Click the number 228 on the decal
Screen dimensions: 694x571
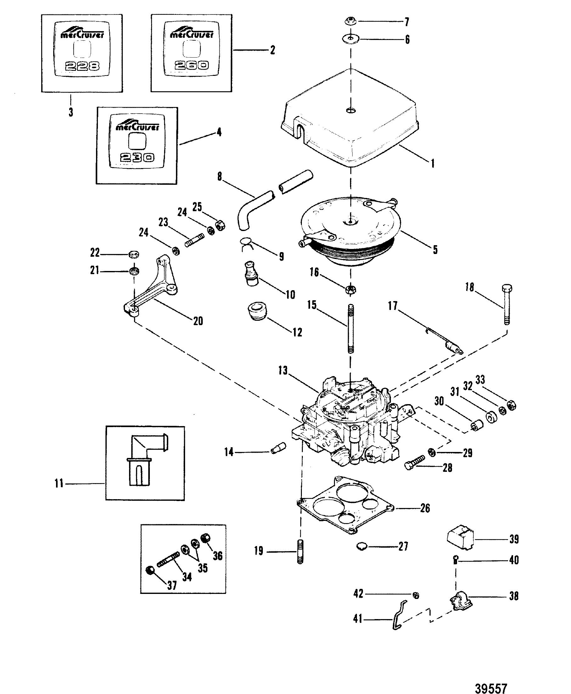pyautogui.click(x=82, y=67)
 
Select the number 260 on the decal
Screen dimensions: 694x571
pyautogui.click(x=191, y=66)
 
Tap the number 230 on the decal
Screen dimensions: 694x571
pyautogui.click(x=137, y=158)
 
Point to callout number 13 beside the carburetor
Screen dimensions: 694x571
pyautogui.click(x=283, y=371)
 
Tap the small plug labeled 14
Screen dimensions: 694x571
pyautogui.click(x=278, y=449)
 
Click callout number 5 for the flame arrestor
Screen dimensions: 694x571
pyautogui.click(x=435, y=250)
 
